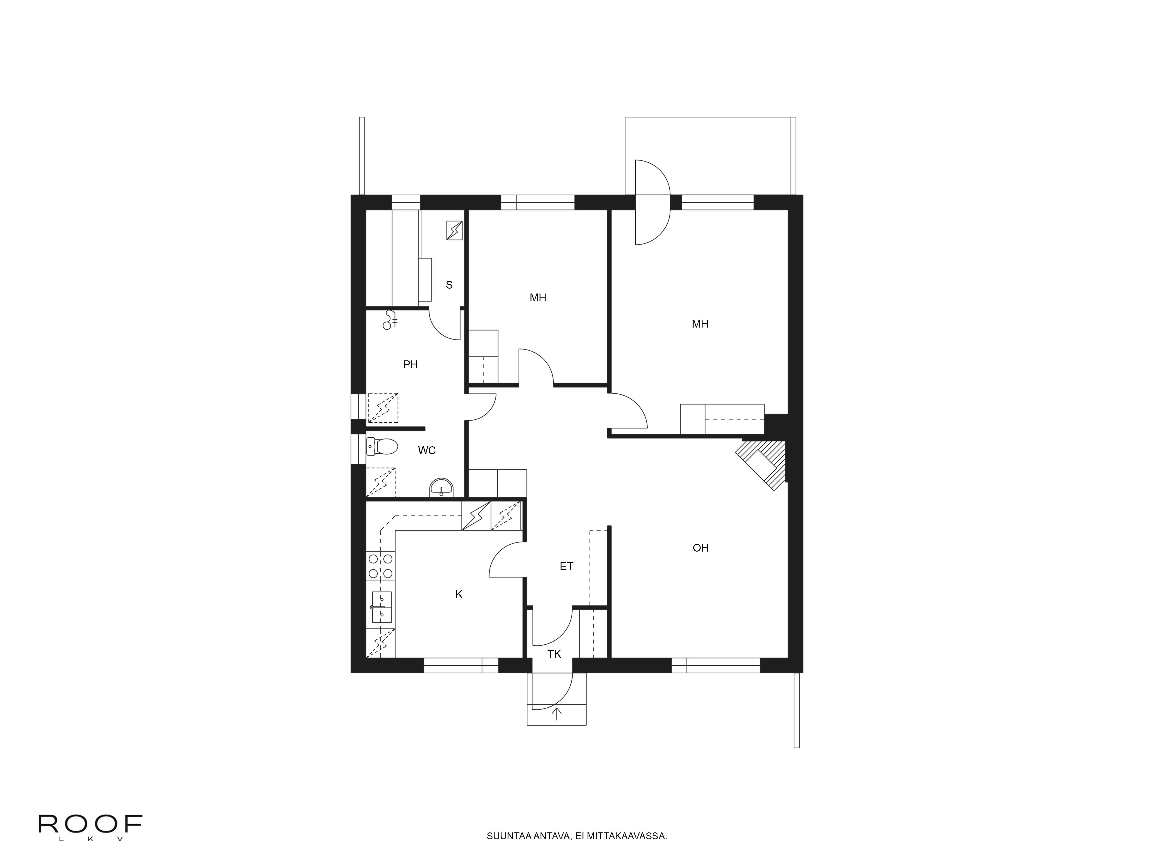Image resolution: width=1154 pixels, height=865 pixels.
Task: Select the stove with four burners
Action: pos(380,566)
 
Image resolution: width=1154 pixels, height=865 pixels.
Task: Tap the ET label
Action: pos(567,566)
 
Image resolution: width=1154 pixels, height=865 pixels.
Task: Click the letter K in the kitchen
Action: pos(459,594)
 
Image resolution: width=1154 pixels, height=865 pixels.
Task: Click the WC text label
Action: pos(427,450)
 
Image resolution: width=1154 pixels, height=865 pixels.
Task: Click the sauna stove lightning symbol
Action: pos(454,230)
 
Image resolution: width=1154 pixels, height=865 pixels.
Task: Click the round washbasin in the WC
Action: pos(442,488)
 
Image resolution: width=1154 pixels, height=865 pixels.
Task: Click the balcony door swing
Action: pos(652,202)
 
